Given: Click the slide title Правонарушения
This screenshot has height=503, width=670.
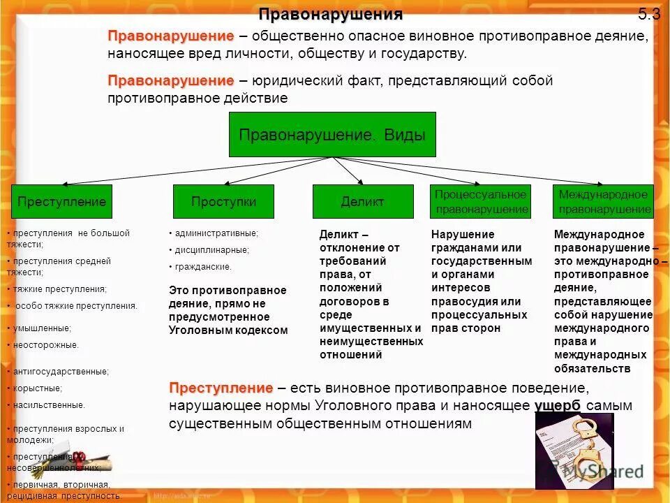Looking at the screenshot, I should click(x=331, y=14).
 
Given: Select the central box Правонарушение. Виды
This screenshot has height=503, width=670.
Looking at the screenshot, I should click(x=332, y=135).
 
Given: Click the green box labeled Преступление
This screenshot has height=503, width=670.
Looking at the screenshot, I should click(x=61, y=202).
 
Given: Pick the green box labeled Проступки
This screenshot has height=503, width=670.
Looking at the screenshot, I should click(x=223, y=202).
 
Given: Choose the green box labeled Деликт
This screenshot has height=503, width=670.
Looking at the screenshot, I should click(x=362, y=202).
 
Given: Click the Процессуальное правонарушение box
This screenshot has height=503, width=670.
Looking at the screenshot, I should click(x=482, y=202).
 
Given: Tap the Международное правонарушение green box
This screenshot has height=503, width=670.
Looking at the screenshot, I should click(x=604, y=202).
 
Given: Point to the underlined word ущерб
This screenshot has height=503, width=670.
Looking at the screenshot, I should click(x=558, y=406).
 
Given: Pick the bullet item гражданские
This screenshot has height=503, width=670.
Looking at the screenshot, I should click(x=203, y=267).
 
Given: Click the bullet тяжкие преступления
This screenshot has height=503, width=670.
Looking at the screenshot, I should click(x=60, y=289).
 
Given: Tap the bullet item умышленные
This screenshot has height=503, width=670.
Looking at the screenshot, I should click(x=43, y=328).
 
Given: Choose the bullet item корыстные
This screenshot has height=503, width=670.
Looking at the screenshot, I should click(x=38, y=388).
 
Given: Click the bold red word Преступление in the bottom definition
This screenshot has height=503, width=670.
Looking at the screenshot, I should click(x=221, y=388).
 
